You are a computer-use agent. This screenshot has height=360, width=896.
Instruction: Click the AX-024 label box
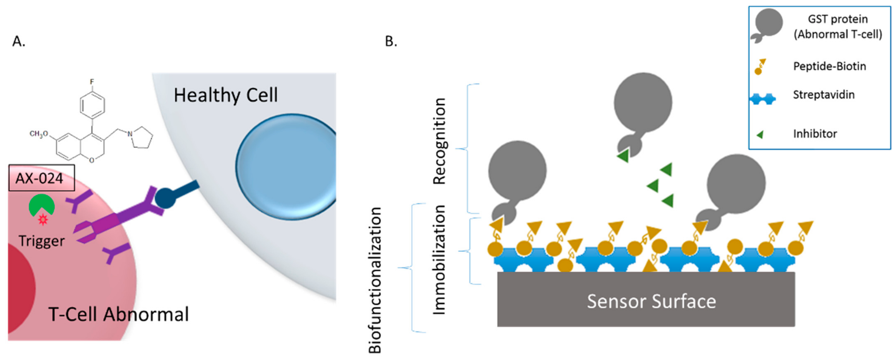pyautogui.click(x=41, y=178)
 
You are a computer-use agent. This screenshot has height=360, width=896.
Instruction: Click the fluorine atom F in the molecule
pyautogui.click(x=92, y=82)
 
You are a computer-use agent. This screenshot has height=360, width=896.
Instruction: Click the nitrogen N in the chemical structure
pyautogui.click(x=130, y=134)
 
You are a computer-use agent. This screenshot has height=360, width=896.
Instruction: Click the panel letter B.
pyautogui.click(x=391, y=41)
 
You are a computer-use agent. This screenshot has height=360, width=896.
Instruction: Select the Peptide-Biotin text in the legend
pyautogui.click(x=829, y=66)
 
